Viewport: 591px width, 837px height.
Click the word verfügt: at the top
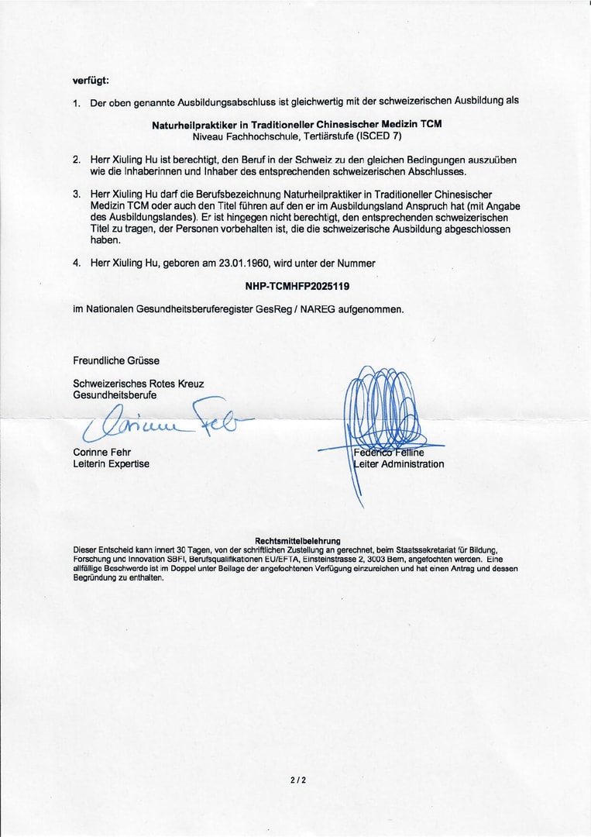[x=91, y=80]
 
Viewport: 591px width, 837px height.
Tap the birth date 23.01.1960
[x=230, y=263]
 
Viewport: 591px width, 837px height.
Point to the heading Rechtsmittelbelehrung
[x=297, y=540]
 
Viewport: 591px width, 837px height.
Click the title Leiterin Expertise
[x=111, y=463]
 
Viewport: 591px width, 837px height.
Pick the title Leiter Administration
[x=399, y=464]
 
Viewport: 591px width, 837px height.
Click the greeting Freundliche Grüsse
[x=116, y=360]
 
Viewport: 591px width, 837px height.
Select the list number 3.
[x=77, y=193]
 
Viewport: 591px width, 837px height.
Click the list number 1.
[x=77, y=102]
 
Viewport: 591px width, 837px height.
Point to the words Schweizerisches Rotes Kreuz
[x=139, y=384]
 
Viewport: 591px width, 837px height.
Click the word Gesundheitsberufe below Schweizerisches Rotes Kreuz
[x=115, y=395]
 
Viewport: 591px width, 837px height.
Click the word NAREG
[x=314, y=308]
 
